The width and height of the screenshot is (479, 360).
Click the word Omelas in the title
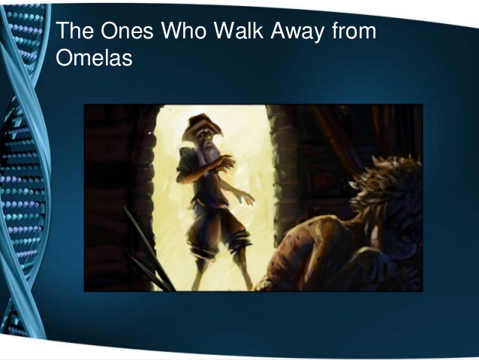(x=95, y=57)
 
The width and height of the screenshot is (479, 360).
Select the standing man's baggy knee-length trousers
(x=213, y=233)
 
